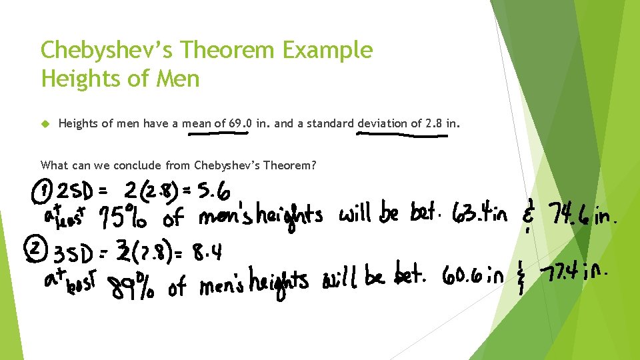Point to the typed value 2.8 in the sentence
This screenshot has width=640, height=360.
(433, 123)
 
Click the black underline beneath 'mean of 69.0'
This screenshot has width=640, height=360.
(218, 133)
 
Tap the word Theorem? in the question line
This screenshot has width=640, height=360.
(289, 165)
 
